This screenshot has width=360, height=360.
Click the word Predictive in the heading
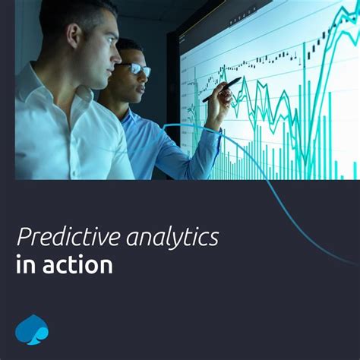(x=65, y=238)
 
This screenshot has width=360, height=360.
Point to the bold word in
(x=24, y=265)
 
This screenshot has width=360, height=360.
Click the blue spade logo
(x=32, y=329)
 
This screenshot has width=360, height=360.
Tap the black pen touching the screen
(x=222, y=89)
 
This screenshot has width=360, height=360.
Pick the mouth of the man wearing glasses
(x=139, y=90)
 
